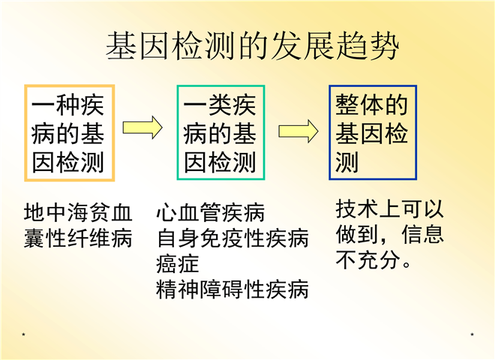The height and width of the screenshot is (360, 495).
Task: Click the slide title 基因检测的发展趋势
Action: pos(253,46)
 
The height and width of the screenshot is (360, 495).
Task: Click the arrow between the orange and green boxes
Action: pos(142,127)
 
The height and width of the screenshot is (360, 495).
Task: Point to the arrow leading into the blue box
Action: pos(298,131)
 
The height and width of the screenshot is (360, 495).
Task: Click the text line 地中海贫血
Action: pos(78,212)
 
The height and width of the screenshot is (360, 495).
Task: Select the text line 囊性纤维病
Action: pos(78,238)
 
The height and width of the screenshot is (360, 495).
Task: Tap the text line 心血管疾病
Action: pos(210,212)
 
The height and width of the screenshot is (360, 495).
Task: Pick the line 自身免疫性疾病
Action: pos(232,238)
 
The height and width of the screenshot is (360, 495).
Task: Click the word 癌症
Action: pos(178,264)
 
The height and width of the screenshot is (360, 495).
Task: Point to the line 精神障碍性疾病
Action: pos(232,289)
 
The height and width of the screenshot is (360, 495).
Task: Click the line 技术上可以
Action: pos(389,208)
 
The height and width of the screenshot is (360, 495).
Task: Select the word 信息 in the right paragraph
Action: pos(423,234)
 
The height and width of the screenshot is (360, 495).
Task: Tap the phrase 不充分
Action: pos(367,260)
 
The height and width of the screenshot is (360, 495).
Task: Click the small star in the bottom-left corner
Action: pos(24,334)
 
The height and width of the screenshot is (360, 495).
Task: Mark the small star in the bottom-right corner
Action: pos(472,334)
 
